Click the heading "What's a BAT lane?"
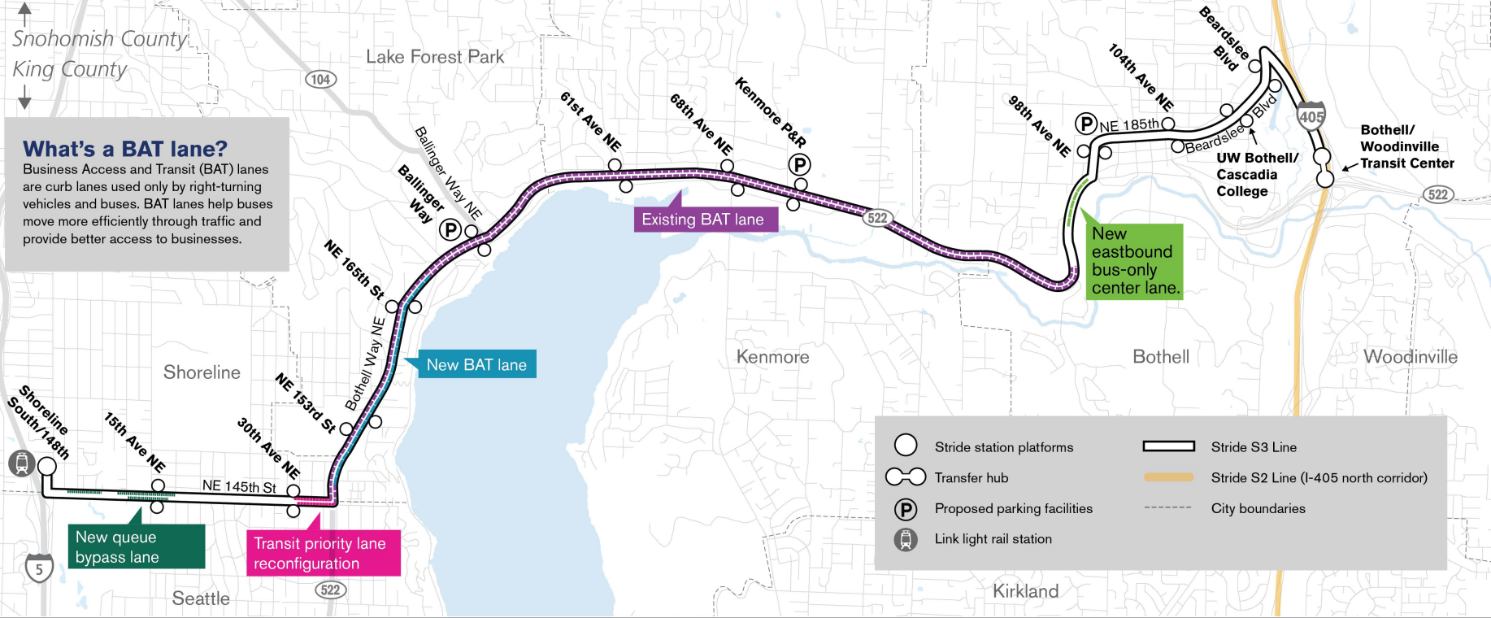[x=125, y=149]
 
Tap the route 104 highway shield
[x=320, y=79]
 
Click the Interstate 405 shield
[x=1311, y=115]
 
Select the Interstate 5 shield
[x=39, y=568]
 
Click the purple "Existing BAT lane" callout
[x=704, y=219]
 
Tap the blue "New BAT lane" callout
[x=476, y=365]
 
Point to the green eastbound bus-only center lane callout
[x=1135, y=261]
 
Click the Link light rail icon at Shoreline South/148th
[x=21, y=463]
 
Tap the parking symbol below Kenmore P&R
[x=799, y=165]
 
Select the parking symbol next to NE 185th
[x=1086, y=124]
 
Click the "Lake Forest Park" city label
[x=435, y=57]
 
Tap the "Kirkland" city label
[x=1025, y=591]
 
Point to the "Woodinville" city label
[x=1410, y=356]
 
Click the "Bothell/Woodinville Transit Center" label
[x=1406, y=146]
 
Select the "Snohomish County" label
[x=99, y=38]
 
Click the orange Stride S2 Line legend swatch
[x=1168, y=477]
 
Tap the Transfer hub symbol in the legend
[x=906, y=477]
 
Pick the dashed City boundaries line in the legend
[x=1168, y=508]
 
